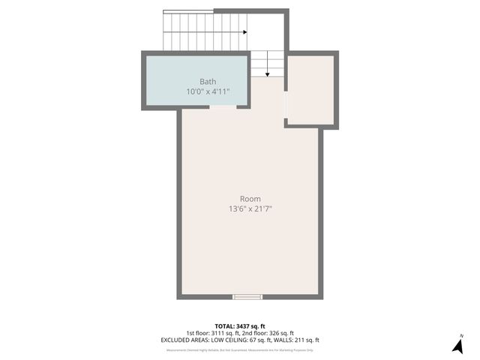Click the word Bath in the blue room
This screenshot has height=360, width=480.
tap(208, 81)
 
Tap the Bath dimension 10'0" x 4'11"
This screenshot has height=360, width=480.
tap(208, 91)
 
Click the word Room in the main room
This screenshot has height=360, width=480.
tap(250, 199)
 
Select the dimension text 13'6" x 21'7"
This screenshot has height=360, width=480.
tap(250, 209)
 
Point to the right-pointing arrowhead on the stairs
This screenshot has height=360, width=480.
tap(244, 32)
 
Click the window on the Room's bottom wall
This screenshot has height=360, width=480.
tap(247, 297)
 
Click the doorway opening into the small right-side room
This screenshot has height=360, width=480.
tap(286, 109)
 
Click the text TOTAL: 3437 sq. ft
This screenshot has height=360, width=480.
tap(239, 325)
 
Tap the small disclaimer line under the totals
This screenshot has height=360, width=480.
tap(239, 349)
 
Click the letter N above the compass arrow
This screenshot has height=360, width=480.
tap(461, 335)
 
